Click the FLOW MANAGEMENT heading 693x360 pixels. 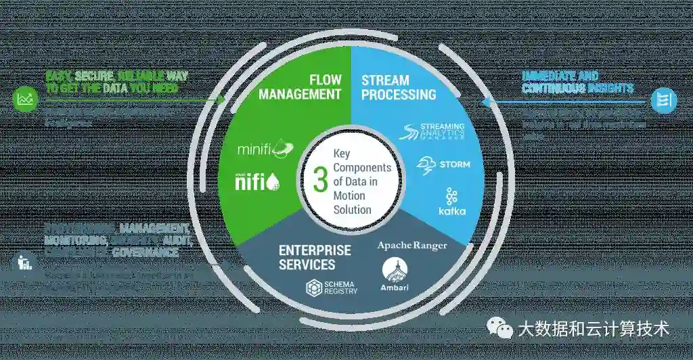300,87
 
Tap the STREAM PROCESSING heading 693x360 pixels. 398,87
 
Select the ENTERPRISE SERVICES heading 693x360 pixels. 315,257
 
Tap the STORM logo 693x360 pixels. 444,164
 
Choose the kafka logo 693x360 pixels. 451,202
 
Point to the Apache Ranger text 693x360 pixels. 412,244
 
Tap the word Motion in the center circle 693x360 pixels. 349,196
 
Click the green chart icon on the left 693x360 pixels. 26,100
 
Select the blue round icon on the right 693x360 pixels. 663,101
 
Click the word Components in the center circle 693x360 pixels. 363,167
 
